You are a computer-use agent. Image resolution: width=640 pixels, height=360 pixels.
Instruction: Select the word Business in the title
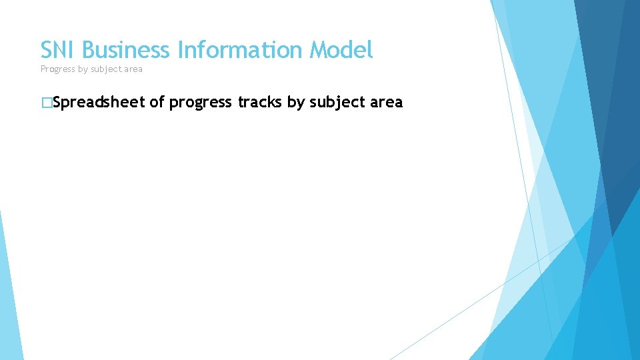pos(127,50)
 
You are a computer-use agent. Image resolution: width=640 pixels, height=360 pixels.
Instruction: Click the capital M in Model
pos(318,50)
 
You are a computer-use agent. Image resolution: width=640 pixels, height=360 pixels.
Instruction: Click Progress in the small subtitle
pos(57,69)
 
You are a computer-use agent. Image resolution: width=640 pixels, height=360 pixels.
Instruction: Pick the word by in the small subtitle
pos(84,69)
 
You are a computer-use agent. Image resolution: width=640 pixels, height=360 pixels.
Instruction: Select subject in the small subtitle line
pos(107,69)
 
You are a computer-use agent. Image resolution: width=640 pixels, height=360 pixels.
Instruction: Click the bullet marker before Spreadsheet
pos(45,103)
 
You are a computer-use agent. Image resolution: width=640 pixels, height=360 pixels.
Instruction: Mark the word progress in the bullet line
pos(201,103)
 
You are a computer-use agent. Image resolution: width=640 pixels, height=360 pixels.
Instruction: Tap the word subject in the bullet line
pos(337,103)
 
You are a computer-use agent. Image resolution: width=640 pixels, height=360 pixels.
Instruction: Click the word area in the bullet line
pos(387,103)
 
